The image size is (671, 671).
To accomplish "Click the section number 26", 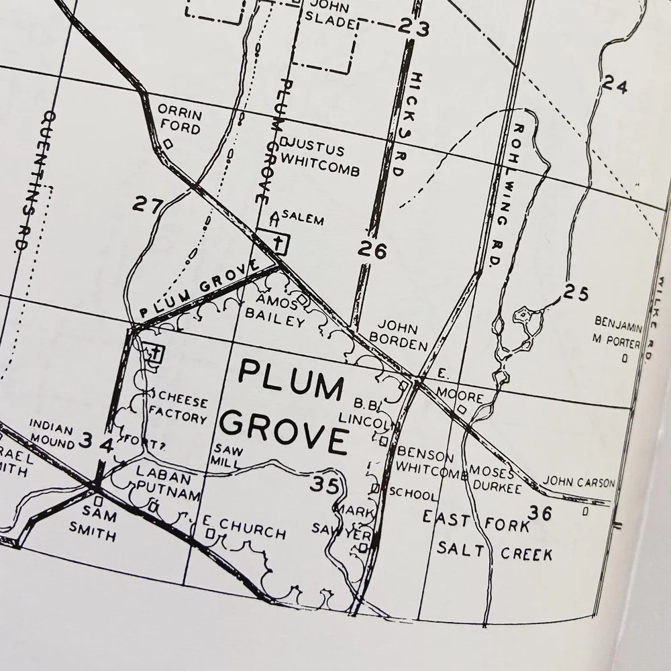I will pyautogui.click(x=372, y=250).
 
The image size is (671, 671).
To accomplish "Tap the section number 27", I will pyautogui.click(x=147, y=204).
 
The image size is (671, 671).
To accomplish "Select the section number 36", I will pyautogui.click(x=540, y=513).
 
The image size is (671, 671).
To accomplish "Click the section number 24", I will pyautogui.click(x=614, y=85).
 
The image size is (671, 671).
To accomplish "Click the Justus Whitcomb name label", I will pyautogui.click(x=321, y=160).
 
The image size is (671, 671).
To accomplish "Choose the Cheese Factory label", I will pyautogui.click(x=178, y=410).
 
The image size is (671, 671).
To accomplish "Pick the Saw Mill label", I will pyautogui.click(x=223, y=456).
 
